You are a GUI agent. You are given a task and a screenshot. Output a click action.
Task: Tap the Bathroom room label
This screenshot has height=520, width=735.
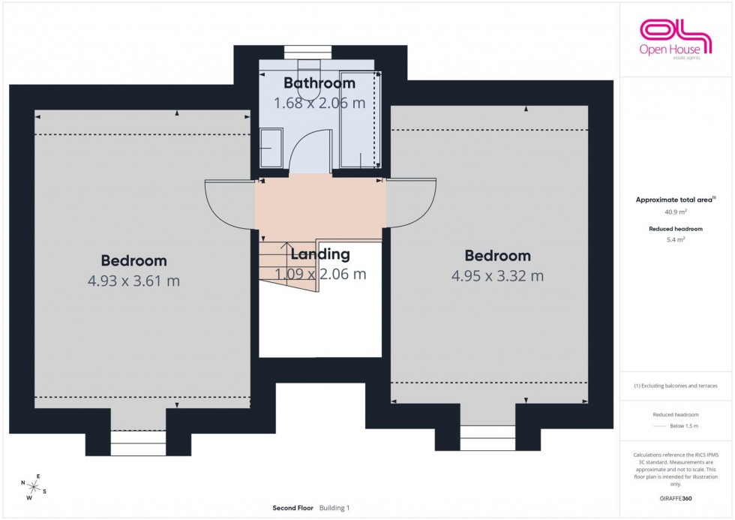[319, 83]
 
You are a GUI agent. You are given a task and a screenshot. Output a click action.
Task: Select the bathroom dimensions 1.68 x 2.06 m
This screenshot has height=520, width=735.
[319, 103]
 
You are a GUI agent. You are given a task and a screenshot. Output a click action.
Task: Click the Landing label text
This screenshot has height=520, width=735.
[320, 254]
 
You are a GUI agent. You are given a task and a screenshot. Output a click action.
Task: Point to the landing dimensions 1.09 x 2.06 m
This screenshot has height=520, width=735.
[320, 274]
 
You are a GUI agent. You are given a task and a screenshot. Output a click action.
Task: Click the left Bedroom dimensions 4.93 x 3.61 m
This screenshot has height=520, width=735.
[133, 281]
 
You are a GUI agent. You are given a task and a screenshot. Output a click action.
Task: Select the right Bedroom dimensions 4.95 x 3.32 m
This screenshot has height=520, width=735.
[497, 275]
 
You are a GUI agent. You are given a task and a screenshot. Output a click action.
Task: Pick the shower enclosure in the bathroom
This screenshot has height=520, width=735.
[358, 120]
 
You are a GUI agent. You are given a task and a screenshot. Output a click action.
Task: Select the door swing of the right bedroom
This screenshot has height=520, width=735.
[410, 203]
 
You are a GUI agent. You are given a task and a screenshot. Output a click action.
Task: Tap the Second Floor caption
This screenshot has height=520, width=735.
[293, 508]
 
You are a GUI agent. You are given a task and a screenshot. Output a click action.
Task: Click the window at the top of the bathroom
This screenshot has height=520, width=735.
[308, 51]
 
